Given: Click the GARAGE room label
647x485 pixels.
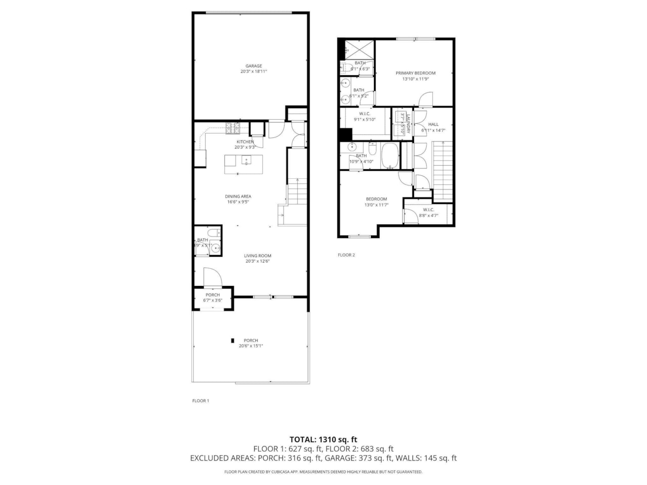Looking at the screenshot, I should click(x=253, y=66).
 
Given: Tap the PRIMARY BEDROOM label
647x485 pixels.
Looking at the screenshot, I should click(x=415, y=73).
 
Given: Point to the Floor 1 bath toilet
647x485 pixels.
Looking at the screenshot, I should click(x=214, y=232).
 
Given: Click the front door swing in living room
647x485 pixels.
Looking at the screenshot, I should click(x=212, y=277).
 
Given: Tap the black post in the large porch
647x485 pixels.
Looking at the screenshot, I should click(x=233, y=341).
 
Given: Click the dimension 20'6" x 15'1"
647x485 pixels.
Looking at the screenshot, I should click(x=251, y=346).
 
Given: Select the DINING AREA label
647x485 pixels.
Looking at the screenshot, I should click(x=238, y=197).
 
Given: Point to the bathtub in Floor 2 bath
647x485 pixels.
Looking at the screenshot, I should click(x=390, y=156).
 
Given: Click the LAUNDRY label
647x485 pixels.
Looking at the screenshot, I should click(x=407, y=123).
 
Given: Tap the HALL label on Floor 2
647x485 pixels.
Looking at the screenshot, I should click(x=433, y=124).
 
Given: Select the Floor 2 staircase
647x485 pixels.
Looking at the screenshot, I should click(x=442, y=171).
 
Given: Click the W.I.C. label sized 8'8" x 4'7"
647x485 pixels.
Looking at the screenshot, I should click(x=429, y=210).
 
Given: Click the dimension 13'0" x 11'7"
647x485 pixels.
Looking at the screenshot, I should click(x=376, y=205).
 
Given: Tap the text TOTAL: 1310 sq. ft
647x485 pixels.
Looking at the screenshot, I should click(x=323, y=440).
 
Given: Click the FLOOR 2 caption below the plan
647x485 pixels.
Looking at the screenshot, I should click(x=346, y=255).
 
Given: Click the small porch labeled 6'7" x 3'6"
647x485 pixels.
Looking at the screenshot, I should click(x=213, y=298).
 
